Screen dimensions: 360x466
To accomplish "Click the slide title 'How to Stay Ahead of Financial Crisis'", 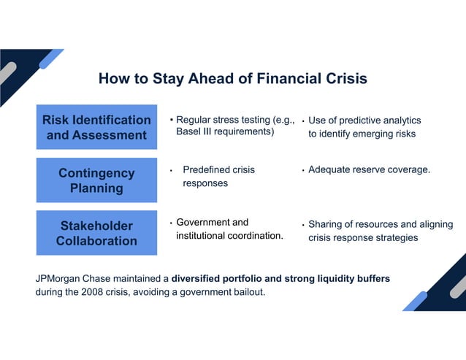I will pyautogui.click(x=232, y=79).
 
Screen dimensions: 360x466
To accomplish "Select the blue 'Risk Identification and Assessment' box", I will pyautogui.click(x=96, y=127).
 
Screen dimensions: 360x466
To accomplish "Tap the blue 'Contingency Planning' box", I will pyautogui.click(x=96, y=180).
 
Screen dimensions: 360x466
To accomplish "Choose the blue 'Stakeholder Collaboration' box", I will pyautogui.click(x=96, y=233).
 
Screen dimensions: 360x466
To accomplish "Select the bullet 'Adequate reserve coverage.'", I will pyautogui.click(x=369, y=170).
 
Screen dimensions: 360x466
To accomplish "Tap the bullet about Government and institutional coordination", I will pyautogui.click(x=229, y=229).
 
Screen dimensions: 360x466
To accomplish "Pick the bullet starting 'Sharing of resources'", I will pyautogui.click(x=380, y=231).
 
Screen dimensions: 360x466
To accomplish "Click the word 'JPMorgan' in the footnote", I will pyautogui.click(x=59, y=279).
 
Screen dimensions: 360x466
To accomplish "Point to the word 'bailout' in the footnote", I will pyautogui.click(x=247, y=292).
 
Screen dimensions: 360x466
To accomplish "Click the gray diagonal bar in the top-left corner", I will pyautogui.click(x=7, y=73).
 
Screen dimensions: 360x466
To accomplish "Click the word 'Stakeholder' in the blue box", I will pyautogui.click(x=96, y=226).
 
